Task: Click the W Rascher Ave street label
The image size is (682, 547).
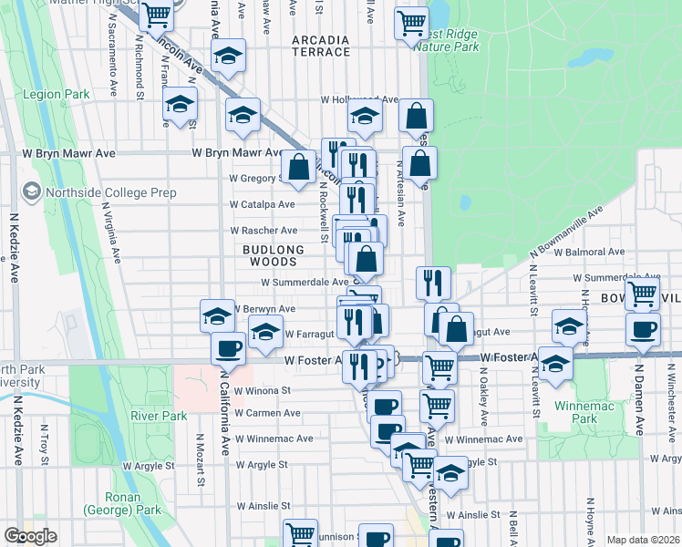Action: (x=264, y=231)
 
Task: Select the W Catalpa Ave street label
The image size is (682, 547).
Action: (x=262, y=204)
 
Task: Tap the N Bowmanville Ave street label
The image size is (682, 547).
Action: (x=566, y=238)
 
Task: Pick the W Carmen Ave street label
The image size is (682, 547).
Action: (x=267, y=413)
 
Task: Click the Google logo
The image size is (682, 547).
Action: (x=31, y=536)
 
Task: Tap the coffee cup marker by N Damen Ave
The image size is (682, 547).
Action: (x=643, y=328)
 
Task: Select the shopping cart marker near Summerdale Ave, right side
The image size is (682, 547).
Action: (x=643, y=293)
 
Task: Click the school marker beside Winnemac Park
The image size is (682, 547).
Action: (x=555, y=364)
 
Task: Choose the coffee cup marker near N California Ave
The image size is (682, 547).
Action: (x=228, y=347)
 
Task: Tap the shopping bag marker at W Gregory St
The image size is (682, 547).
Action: (x=298, y=166)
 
